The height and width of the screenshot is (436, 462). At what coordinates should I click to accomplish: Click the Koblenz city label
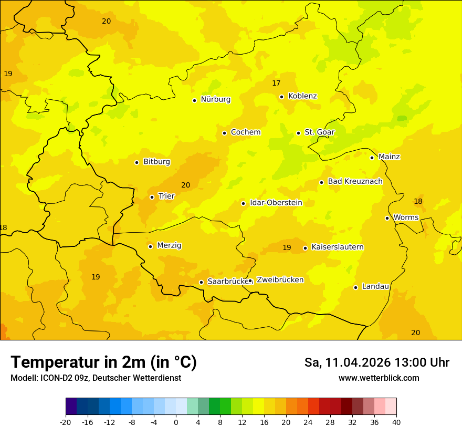302,96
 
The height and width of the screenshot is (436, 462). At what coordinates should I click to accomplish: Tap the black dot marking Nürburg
194,100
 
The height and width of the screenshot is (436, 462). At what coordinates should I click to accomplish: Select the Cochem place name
245,132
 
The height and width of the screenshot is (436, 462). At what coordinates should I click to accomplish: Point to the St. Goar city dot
298,133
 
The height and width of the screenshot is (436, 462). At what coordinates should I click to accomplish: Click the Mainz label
389,157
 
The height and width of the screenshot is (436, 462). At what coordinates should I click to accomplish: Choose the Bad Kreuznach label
355,182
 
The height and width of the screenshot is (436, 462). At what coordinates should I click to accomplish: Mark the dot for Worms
387,218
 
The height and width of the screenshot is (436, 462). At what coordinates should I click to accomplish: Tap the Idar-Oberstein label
276,203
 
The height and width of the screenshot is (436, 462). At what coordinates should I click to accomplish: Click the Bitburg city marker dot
136,162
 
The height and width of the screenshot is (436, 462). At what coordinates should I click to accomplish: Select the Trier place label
166,196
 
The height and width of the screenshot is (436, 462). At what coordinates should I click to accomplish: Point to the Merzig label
169,246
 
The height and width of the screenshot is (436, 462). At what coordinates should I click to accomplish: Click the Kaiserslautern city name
338,247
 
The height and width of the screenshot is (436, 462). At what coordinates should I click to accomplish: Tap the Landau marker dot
355,287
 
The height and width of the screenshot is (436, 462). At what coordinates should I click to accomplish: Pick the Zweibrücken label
280,280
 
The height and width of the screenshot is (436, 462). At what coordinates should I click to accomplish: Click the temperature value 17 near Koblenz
276,84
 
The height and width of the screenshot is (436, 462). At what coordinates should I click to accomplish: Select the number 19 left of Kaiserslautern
287,247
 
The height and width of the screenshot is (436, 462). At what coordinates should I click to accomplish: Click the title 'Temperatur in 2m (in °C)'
103,362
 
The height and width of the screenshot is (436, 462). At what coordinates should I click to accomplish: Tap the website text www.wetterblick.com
379,378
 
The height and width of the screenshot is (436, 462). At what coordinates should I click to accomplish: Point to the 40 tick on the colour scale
396,422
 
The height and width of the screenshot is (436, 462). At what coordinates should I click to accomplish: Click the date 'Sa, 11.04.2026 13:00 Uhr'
376,362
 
